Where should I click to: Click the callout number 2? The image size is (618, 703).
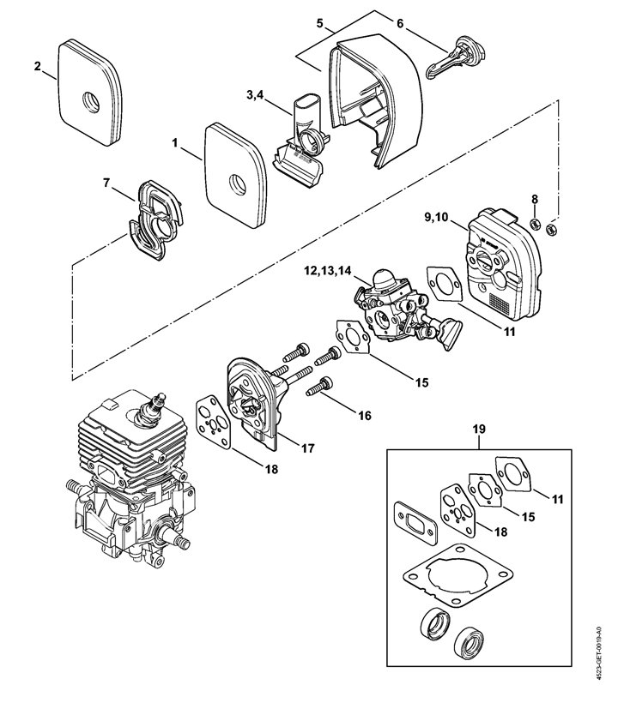[37, 66]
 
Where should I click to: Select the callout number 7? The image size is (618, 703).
[106, 183]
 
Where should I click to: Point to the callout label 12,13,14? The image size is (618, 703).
[327, 270]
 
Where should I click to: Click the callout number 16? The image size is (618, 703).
[366, 416]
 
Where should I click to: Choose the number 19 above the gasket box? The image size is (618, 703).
[479, 429]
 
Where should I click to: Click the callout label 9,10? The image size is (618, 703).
[435, 217]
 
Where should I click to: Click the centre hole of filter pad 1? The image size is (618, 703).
[238, 182]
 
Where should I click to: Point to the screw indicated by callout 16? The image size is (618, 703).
[318, 387]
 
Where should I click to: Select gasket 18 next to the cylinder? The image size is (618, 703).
[214, 424]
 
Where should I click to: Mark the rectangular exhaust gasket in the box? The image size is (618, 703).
[415, 523]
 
